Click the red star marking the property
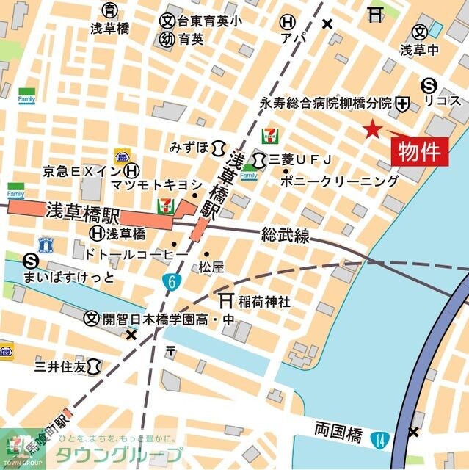[x=373, y=129]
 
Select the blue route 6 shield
[x=170, y=280]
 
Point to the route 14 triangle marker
[x=378, y=440]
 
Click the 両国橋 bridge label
[x=338, y=430]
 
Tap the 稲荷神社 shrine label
[x=263, y=301]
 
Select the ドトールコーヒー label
[x=137, y=253]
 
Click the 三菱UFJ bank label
[x=301, y=159]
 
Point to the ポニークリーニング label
[x=340, y=181]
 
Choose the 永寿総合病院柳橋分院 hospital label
[x=327, y=104]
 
